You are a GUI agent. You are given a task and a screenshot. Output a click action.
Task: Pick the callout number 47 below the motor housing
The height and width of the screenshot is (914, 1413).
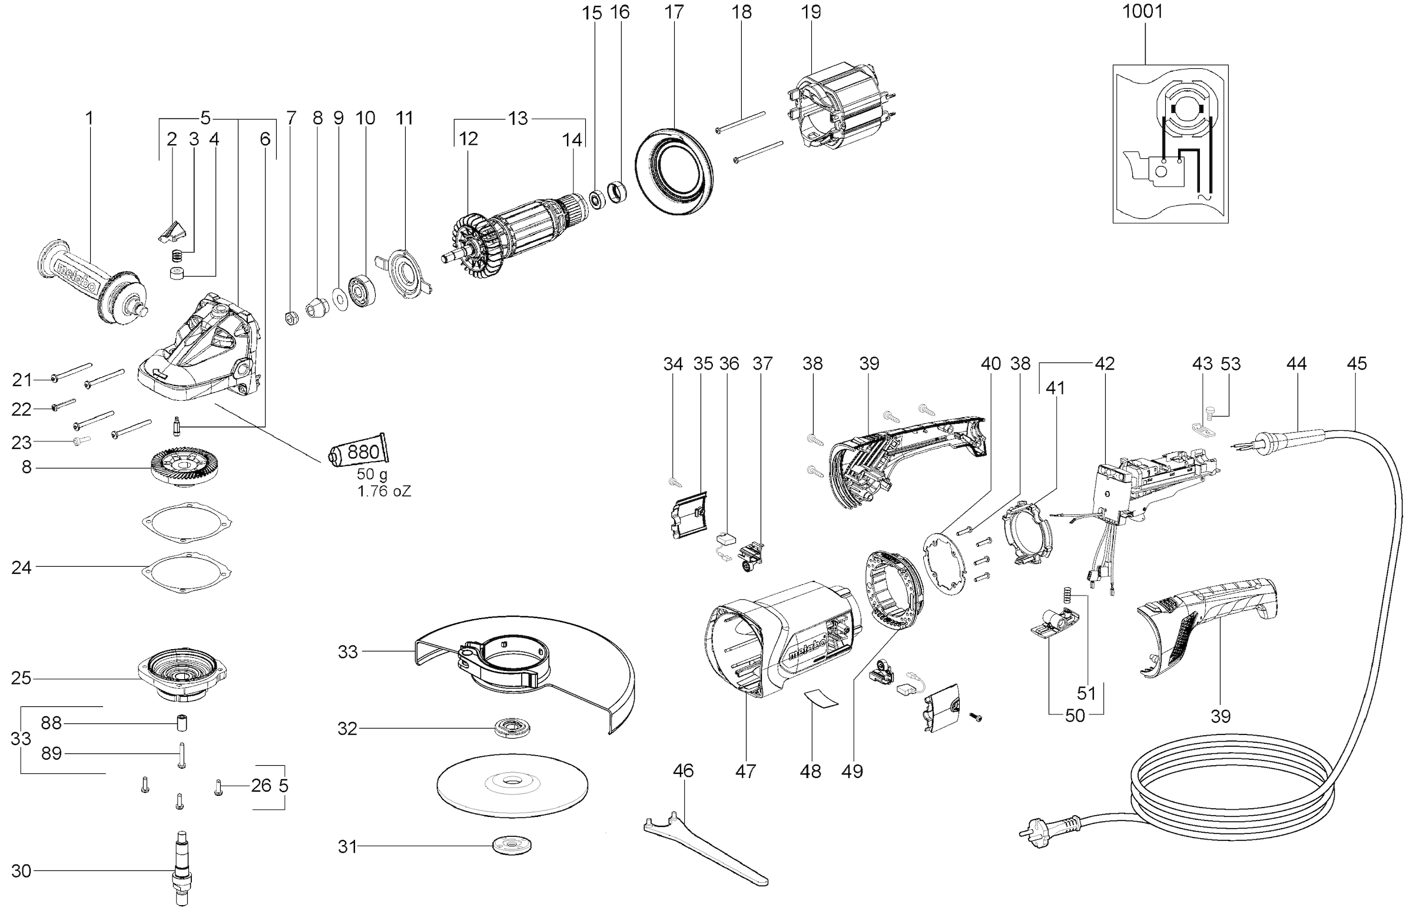coord(745,772)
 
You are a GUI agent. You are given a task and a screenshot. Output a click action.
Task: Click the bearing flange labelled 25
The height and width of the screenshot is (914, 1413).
coord(182,677)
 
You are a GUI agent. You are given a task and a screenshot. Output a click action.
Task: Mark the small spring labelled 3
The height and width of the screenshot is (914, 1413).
coord(176,256)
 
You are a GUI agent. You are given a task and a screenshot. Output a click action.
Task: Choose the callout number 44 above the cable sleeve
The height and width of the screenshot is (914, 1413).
coord(1296,363)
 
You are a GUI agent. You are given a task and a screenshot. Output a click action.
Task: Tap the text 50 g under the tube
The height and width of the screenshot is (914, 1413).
coord(372,475)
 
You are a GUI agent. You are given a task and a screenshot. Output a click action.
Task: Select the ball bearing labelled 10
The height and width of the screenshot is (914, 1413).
coord(361,291)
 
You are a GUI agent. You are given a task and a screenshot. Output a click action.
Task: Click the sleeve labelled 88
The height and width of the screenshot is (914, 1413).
coord(182,724)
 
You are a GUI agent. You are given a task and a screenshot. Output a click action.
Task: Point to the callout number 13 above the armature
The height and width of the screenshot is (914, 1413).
coord(518,118)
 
